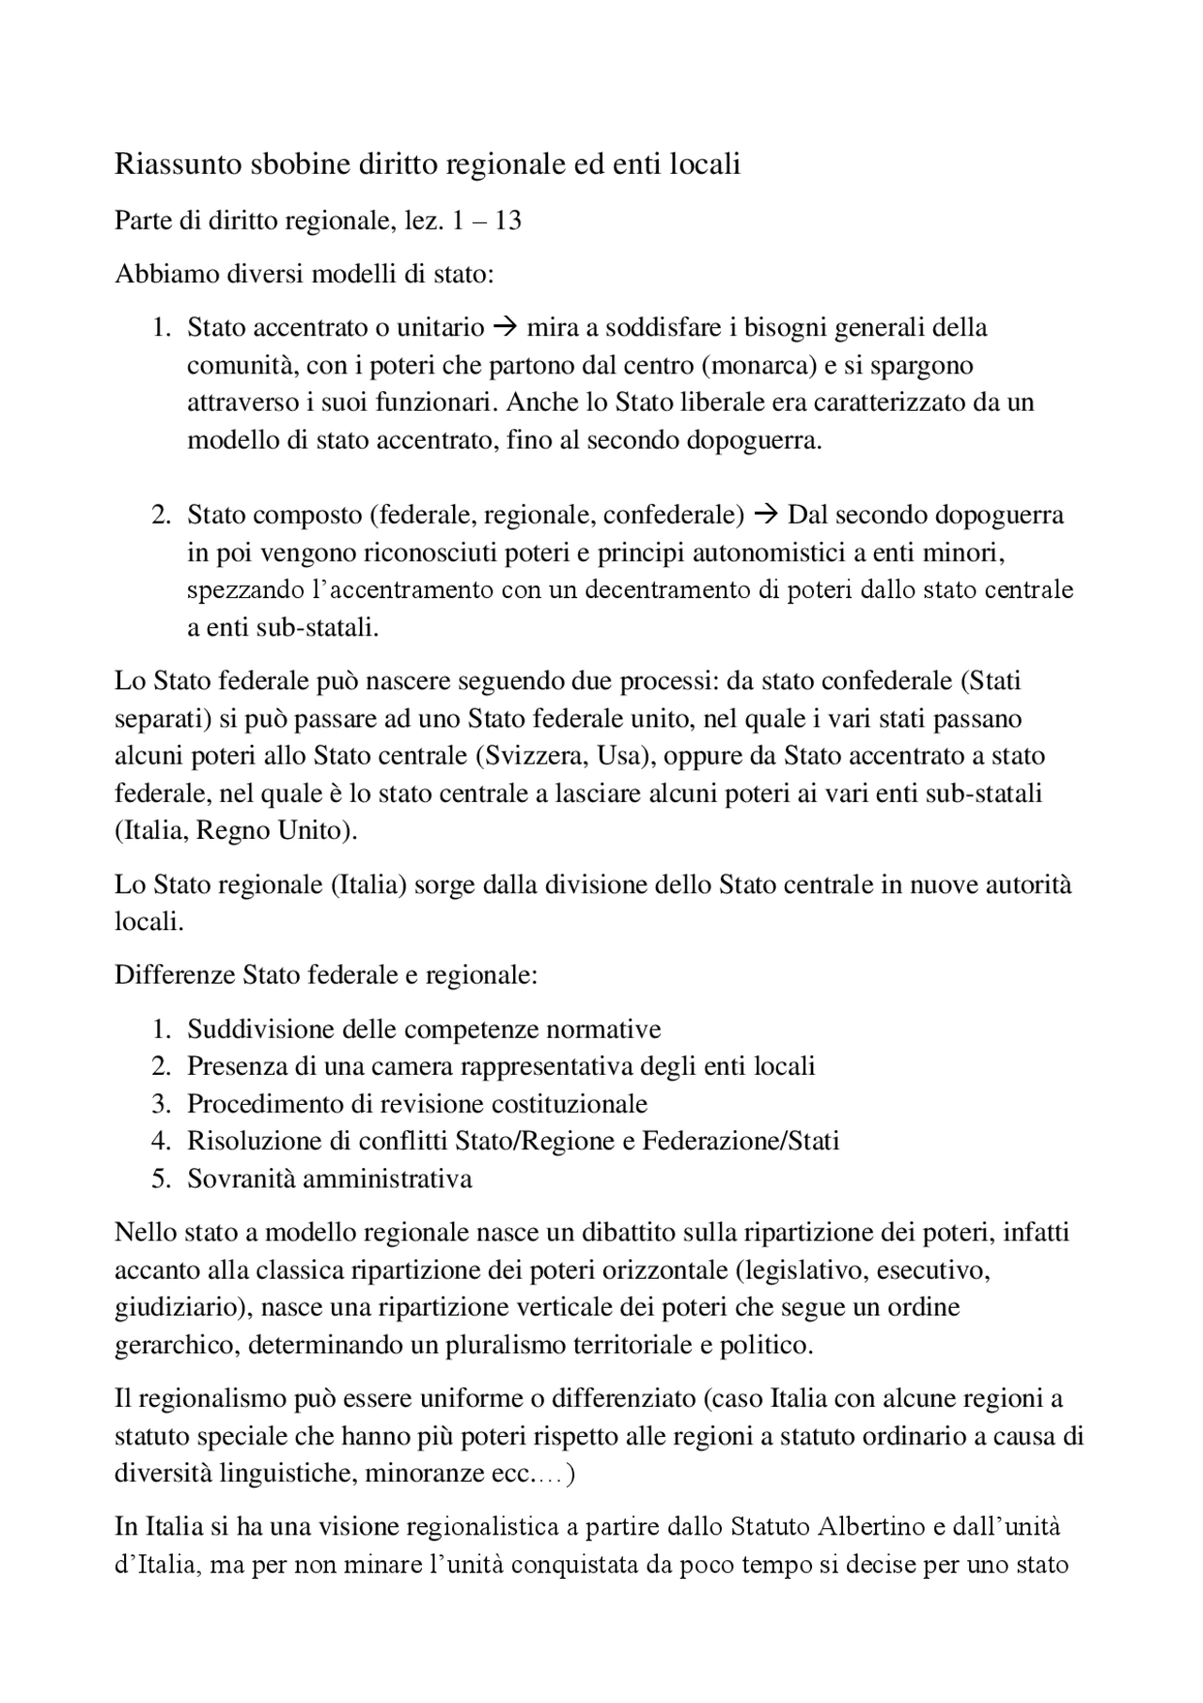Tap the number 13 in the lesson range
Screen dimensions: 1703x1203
coord(508,221)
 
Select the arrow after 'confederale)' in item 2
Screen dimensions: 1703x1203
coord(767,515)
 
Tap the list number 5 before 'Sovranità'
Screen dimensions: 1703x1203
coord(161,1179)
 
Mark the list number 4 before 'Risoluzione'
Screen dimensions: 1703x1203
coord(161,1142)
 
